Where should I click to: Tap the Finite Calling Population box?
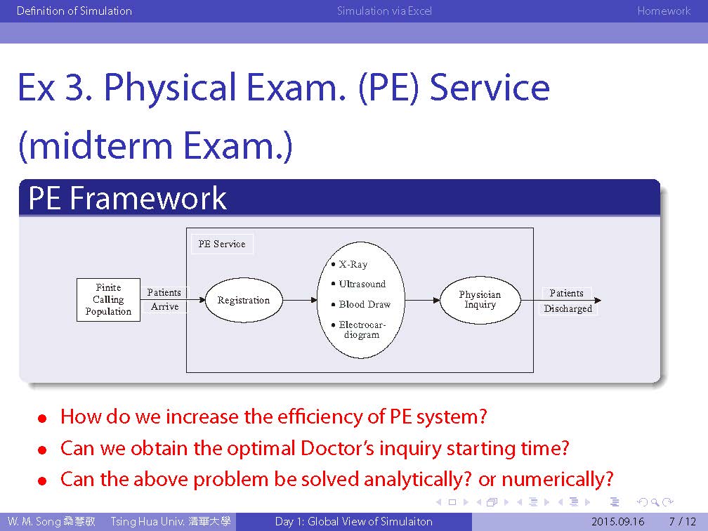(x=108, y=300)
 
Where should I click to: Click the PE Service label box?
(x=222, y=244)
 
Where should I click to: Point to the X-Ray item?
(x=350, y=264)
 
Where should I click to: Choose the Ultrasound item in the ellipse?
(x=358, y=284)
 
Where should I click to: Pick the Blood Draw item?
(x=361, y=304)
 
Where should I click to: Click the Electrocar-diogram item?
(x=359, y=329)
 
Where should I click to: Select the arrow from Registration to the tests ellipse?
(x=301, y=300)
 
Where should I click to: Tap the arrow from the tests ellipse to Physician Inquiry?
(x=423, y=300)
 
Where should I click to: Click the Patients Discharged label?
(x=568, y=301)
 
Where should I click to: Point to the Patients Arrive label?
(x=164, y=299)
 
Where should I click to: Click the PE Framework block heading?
(x=127, y=198)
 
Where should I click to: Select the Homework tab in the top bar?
(x=664, y=11)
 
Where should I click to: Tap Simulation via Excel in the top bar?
(x=384, y=11)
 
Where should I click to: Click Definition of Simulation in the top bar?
(x=74, y=11)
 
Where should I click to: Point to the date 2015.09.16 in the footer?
(x=617, y=521)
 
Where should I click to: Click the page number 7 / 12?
(x=683, y=521)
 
